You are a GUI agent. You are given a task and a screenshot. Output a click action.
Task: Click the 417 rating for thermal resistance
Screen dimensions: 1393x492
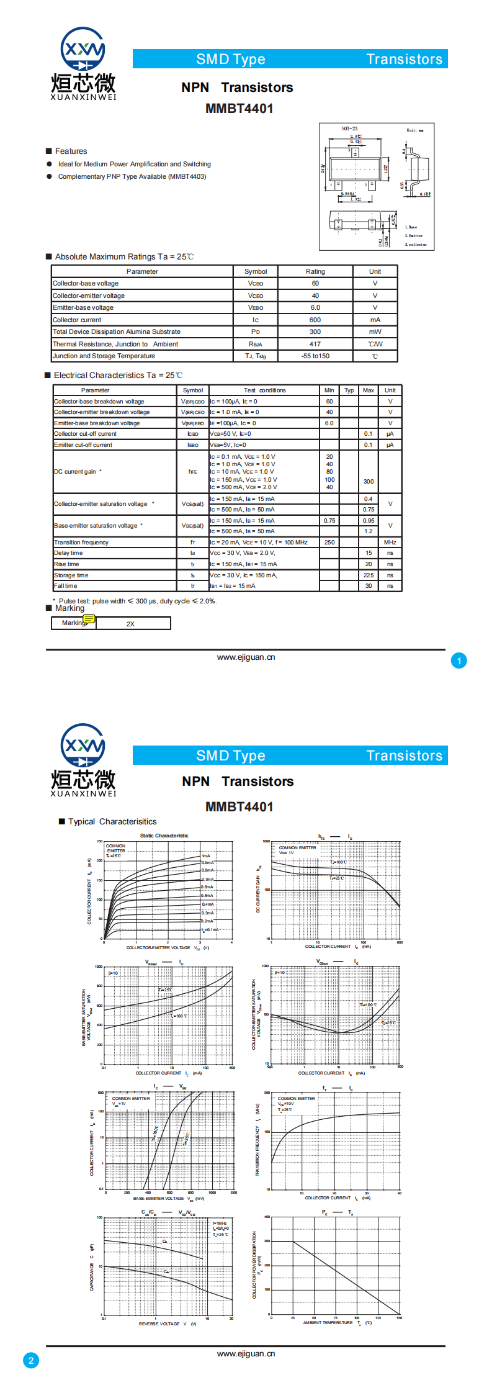(x=315, y=344)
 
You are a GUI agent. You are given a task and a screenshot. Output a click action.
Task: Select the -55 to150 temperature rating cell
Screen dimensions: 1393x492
(x=315, y=356)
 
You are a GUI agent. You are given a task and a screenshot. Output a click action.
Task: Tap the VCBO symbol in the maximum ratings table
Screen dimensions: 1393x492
(x=256, y=284)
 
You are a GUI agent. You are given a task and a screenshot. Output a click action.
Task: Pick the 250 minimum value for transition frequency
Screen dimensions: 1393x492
(x=329, y=543)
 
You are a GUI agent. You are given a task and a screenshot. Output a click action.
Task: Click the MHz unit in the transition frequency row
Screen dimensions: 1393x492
(x=390, y=543)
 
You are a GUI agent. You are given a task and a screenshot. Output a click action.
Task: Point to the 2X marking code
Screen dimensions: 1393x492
(x=130, y=624)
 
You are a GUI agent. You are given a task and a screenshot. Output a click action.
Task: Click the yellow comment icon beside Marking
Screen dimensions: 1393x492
(x=89, y=619)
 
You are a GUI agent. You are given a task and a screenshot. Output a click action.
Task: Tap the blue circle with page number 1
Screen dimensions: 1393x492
(x=459, y=661)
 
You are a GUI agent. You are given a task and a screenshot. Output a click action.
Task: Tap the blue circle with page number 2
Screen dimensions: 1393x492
(x=31, y=1361)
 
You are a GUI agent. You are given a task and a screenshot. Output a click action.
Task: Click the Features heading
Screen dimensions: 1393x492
(x=71, y=151)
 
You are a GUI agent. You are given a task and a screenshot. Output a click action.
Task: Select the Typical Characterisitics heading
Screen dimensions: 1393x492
(x=112, y=822)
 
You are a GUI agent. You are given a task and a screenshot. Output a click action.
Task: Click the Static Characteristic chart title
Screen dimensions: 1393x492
(x=164, y=836)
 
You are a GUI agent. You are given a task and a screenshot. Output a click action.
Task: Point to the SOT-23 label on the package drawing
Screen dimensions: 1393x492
(x=349, y=129)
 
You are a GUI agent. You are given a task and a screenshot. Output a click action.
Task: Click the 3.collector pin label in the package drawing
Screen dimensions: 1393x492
(x=416, y=245)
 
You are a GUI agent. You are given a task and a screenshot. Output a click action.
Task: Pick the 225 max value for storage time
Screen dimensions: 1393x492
(x=369, y=575)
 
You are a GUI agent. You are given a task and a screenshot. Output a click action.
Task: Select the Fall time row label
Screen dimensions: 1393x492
(x=66, y=586)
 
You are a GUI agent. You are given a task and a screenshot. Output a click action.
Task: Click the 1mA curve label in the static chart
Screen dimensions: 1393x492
(x=206, y=856)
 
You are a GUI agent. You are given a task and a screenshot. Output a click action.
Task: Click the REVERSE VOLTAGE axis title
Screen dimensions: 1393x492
(x=159, y=1324)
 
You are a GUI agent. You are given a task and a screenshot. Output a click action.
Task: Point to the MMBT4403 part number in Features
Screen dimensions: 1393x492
(x=187, y=177)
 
